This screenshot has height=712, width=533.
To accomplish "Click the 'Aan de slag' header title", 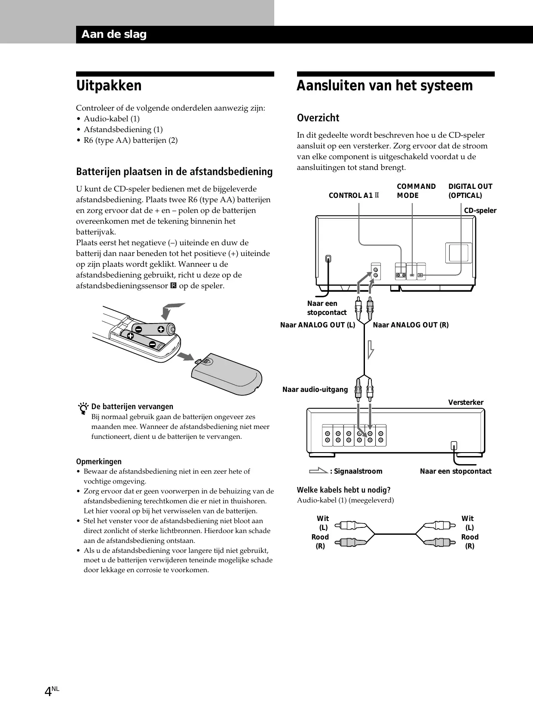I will [114, 34].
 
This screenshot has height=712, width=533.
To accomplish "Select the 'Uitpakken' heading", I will [109, 86].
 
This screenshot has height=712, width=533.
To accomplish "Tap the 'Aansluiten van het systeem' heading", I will [384, 86].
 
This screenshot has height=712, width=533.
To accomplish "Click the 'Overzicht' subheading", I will [318, 118].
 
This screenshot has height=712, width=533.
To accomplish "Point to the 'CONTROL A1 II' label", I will [354, 195].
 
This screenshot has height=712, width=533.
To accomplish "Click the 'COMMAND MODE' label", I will [416, 191].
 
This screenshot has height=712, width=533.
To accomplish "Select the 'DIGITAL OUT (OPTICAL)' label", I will [470, 191].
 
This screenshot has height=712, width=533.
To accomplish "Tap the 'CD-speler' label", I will [480, 210].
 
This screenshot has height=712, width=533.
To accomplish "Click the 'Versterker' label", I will [466, 402].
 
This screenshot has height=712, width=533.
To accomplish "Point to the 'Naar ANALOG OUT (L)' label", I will [318, 325].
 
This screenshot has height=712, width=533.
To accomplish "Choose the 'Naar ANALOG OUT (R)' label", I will [410, 325].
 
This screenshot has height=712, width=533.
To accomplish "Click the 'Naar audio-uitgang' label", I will [315, 389].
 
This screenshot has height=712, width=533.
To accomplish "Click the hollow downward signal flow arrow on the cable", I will [370, 349].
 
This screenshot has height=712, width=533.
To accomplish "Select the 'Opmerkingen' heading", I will [99, 462].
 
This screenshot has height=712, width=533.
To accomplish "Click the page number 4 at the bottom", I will [48, 691].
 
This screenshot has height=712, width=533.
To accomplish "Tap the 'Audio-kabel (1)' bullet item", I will [111, 119].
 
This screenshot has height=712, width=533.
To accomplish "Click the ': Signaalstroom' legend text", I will [356, 471].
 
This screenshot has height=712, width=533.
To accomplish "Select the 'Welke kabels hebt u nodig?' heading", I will [343, 490].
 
